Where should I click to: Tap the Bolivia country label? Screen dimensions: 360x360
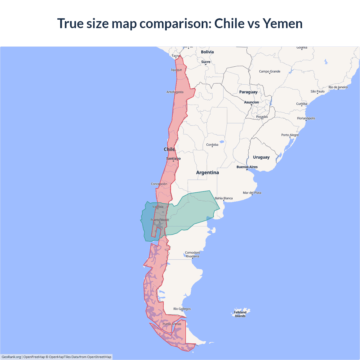coord(207,52)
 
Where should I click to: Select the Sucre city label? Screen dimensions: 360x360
coord(206,62)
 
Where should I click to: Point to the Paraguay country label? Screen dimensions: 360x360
coord(248,92)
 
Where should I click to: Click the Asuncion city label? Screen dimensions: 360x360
coord(251,102)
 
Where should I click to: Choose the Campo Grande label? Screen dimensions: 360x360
coord(269,71)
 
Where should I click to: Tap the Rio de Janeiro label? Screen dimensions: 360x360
coord(338,87)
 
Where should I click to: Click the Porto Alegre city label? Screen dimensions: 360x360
coord(290,135)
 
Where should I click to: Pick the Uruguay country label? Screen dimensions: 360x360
coord(261,157)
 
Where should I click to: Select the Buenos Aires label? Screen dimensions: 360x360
coord(247,167)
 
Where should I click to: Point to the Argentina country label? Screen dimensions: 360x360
coord(208,173)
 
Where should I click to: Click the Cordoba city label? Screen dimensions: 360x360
coord(212,145)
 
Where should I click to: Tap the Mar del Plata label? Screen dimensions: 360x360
coord(252,193)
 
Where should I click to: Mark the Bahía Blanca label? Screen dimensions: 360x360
coord(224,198)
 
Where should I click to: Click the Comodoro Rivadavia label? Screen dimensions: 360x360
coord(192,254)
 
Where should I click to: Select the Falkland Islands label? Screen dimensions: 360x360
coord(240,314)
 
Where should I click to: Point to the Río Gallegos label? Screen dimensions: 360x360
coord(182,309)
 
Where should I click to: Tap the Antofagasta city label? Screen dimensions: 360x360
coord(175,92)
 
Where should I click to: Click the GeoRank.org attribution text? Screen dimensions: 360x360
coord(11,357)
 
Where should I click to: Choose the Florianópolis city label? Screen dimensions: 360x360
coord(306,118)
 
